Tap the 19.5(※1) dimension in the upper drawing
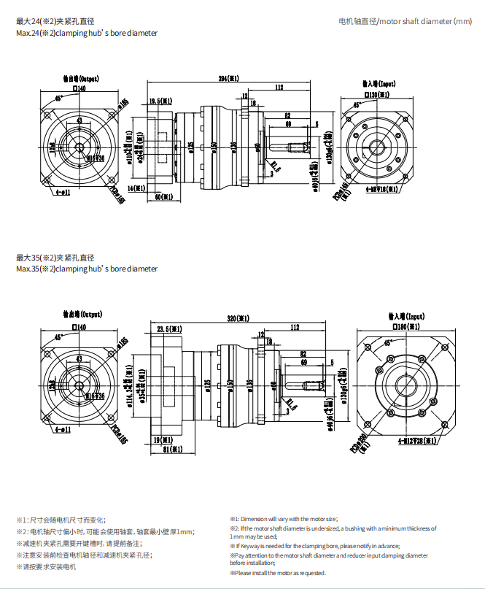click(160, 101)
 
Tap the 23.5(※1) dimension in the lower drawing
click(170, 330)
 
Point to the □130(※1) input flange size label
click(377, 95)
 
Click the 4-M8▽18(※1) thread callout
click(381, 189)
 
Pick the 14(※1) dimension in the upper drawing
click(139, 188)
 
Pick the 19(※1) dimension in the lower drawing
click(163, 440)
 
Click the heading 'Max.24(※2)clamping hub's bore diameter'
click(86, 34)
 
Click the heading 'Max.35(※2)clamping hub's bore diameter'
click(86, 269)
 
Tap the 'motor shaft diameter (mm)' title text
click(405, 22)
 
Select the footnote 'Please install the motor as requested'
click(278, 573)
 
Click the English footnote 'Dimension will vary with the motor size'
click(284, 518)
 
